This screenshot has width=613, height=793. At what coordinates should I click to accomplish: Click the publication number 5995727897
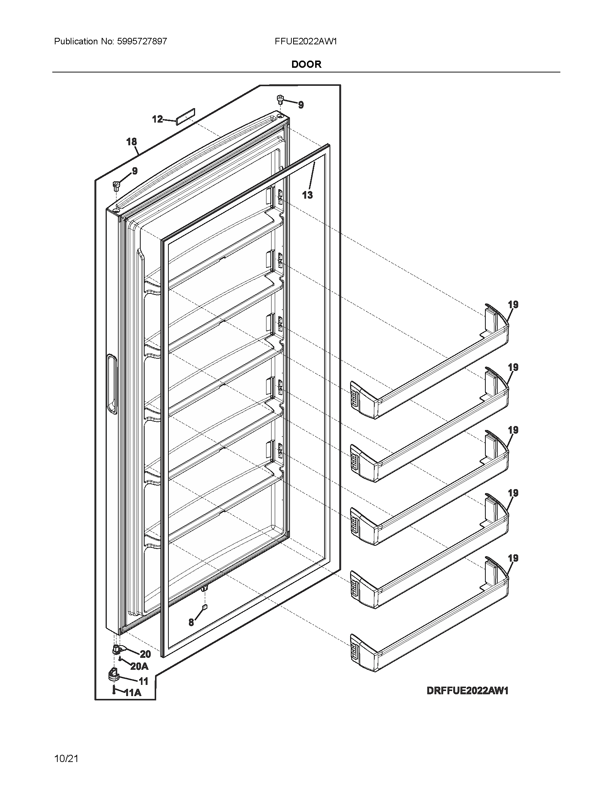142,41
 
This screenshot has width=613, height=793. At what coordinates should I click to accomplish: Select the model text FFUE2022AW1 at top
306,41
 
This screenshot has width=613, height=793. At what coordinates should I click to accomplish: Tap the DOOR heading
306,65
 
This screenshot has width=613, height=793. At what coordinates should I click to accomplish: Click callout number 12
157,119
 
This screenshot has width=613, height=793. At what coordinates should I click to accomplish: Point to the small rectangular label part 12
186,116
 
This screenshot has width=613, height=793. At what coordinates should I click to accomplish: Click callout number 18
132,142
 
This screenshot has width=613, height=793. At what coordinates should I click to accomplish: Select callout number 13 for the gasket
307,195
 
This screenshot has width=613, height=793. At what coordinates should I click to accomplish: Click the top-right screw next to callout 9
280,99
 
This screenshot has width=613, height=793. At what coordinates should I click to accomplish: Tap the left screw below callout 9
116,186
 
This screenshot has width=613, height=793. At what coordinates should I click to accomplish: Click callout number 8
191,623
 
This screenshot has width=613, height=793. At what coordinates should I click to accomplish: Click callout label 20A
139,666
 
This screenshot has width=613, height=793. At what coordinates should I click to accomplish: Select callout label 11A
133,693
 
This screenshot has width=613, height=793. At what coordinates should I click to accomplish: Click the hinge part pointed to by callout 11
114,674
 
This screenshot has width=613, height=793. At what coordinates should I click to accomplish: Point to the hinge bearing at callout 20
117,650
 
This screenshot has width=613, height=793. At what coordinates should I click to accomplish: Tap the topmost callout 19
513,305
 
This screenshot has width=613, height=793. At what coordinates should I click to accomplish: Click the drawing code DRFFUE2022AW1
467,690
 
